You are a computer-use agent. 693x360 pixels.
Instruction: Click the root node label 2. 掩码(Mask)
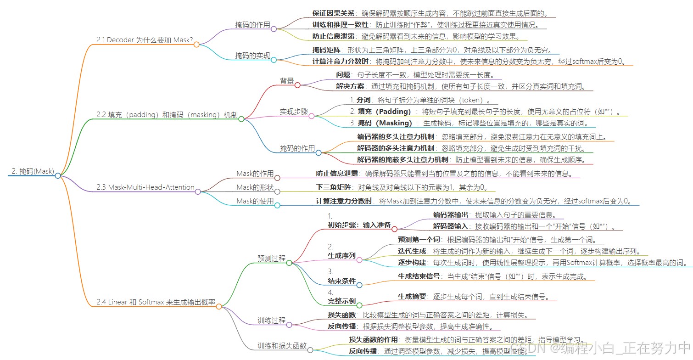pyautogui.click(x=33, y=171)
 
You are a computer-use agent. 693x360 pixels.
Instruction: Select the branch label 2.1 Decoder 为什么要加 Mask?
pyautogui.click(x=144, y=40)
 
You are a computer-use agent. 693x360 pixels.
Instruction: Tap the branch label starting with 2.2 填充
pyautogui.click(x=166, y=114)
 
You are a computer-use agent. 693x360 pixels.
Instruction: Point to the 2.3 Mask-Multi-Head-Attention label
pyautogui.click(x=145, y=187)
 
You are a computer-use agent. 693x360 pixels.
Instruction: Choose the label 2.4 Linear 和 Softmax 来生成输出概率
pyautogui.click(x=156, y=302)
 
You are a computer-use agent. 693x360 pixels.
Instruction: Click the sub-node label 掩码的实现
pyautogui.click(x=252, y=56)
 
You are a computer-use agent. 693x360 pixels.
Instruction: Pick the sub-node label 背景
pyautogui.click(x=287, y=81)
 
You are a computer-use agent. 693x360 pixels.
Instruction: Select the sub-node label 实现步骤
pyautogui.click(x=294, y=112)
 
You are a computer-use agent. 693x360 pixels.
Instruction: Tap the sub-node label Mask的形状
pyautogui.click(x=255, y=187)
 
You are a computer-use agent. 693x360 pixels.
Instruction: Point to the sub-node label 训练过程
pyautogui.click(x=271, y=321)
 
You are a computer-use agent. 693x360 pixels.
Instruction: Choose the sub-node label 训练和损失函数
pyautogui.click(x=282, y=346)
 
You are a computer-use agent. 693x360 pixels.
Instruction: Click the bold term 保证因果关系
pyautogui.click(x=333, y=13)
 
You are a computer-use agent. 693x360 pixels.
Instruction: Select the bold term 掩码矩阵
pyautogui.click(x=327, y=50)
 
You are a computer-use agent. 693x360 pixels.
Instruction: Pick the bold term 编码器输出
pyautogui.click(x=450, y=214)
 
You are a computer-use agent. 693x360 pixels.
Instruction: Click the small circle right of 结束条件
pyautogui.click(x=359, y=285)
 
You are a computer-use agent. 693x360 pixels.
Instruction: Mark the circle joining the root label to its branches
pyautogui.click(x=58, y=175)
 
